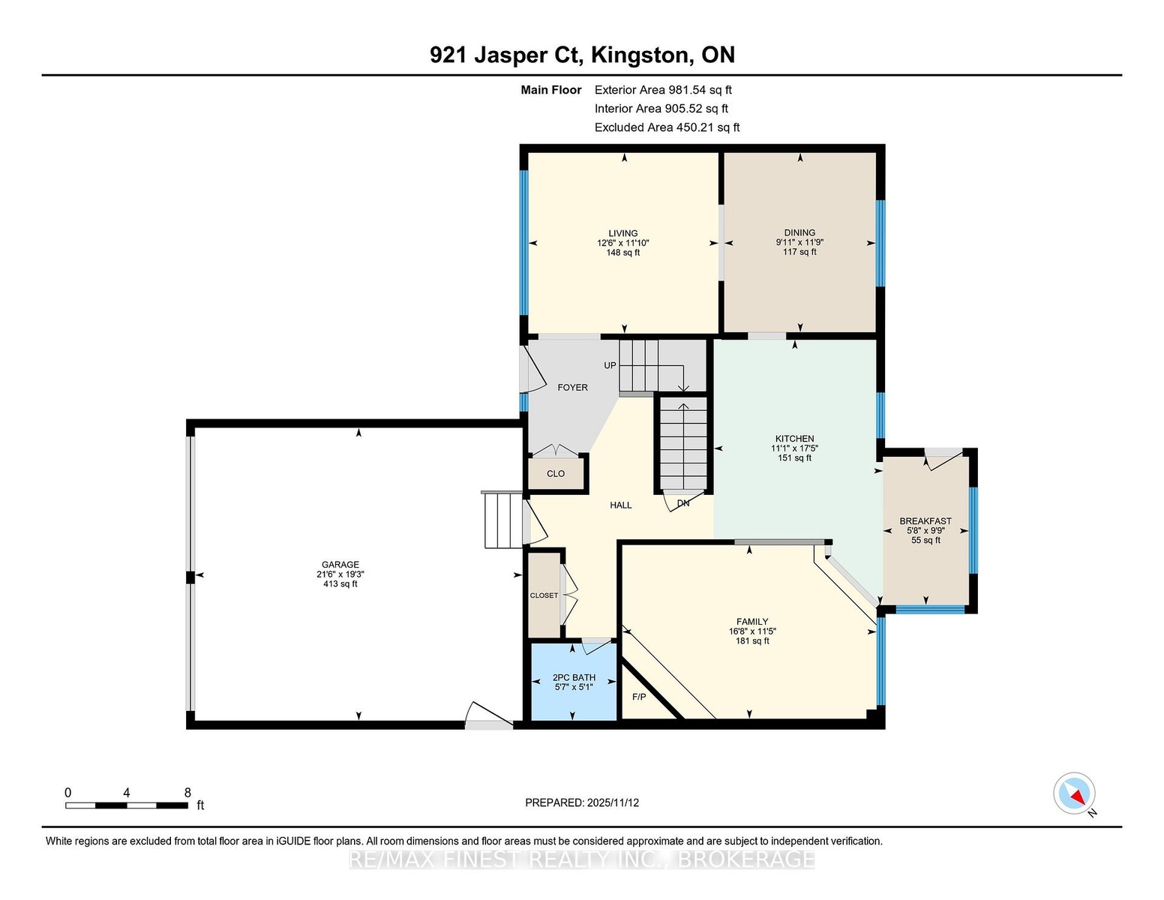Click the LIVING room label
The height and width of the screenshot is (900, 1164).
point(623,233)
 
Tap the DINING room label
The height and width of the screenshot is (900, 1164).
point(799,233)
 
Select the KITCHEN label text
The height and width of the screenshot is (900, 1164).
point(795,439)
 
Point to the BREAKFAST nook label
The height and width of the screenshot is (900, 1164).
point(925,521)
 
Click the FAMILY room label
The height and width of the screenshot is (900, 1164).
point(752,622)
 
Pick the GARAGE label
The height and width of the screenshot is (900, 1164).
point(340,564)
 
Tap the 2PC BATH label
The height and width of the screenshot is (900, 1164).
point(574,678)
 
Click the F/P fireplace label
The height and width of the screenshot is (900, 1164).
point(639,697)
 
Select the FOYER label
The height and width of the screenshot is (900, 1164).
point(573,388)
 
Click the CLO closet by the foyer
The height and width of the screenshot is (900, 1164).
point(556,474)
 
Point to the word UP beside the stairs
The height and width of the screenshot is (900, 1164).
point(610,366)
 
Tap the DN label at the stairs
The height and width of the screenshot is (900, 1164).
point(683,504)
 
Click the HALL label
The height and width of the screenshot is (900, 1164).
point(621,505)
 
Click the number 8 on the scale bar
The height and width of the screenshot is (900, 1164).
point(187,793)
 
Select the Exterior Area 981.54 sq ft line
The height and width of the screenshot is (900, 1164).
point(663,90)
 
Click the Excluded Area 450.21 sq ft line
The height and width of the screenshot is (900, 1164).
point(667,127)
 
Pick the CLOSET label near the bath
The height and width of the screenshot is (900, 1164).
point(544,595)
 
